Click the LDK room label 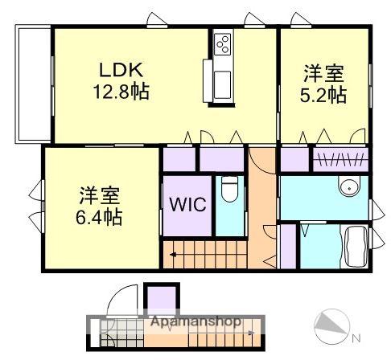click(x=121, y=70)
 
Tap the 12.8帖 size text click(x=121, y=92)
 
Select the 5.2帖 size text click(x=323, y=95)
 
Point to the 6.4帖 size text click(x=99, y=216)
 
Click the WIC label click(x=187, y=204)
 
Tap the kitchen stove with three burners click(x=222, y=44)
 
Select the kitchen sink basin click(x=222, y=84)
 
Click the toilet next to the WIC click(x=229, y=189)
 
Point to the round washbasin click(x=349, y=186)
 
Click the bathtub click(x=356, y=246)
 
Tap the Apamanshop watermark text click(x=195, y=321)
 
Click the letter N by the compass click(x=356, y=339)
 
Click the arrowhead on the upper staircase click(x=173, y=255)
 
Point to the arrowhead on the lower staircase click(x=251, y=333)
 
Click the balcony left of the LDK click(x=34, y=84)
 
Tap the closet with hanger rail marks click(x=340, y=160)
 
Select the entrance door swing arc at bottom click(x=122, y=300)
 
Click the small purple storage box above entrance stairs click(x=162, y=299)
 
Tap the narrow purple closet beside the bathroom click(x=288, y=247)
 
